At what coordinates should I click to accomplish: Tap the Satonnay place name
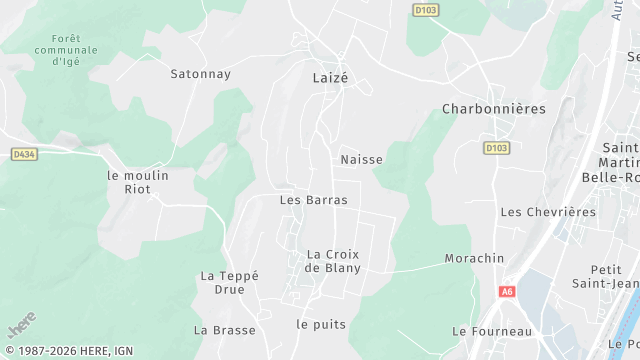201,73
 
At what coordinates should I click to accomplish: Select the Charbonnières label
494,108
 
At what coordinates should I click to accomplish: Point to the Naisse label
361,159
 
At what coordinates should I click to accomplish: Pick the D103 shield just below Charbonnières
496,147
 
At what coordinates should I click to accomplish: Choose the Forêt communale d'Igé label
66,50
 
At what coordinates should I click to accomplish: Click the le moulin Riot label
138,181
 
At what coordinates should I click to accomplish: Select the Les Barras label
313,200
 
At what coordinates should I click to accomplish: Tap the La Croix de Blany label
333,260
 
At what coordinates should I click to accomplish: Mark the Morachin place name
474,258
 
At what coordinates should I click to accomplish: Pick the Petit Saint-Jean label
606,277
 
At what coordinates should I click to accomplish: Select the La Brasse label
225,330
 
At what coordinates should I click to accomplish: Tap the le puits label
320,325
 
